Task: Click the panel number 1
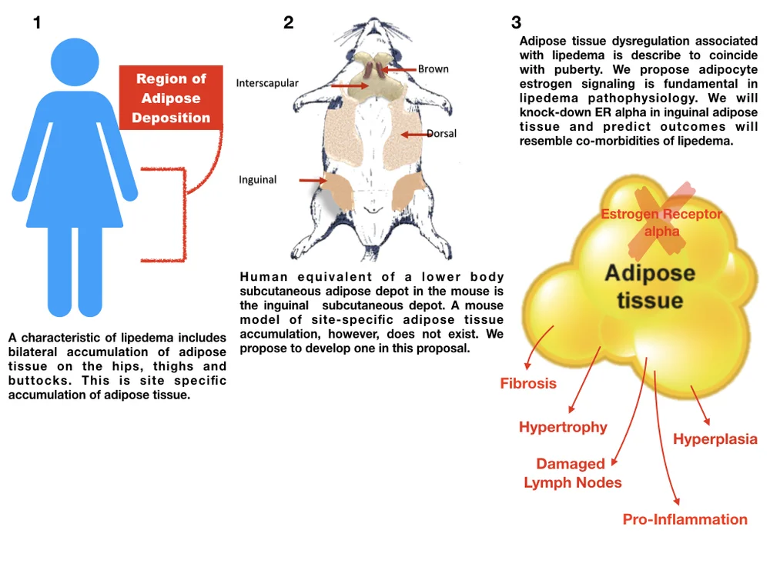pyautogui.click(x=37, y=23)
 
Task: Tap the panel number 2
pyautogui.click(x=289, y=23)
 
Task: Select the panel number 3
pyautogui.click(x=517, y=23)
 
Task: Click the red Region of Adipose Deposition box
pyautogui.click(x=171, y=98)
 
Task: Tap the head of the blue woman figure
pyautogui.click(x=75, y=62)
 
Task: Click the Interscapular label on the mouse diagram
pyautogui.click(x=267, y=83)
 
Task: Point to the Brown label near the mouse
pyautogui.click(x=434, y=69)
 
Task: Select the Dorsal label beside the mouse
pyautogui.click(x=441, y=134)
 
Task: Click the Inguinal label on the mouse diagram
pyautogui.click(x=257, y=180)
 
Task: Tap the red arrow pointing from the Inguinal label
pyautogui.click(x=312, y=181)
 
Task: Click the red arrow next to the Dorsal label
pyautogui.click(x=414, y=135)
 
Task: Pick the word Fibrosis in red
pyautogui.click(x=528, y=383)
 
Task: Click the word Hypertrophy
pyautogui.click(x=563, y=427)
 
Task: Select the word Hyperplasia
pyautogui.click(x=715, y=440)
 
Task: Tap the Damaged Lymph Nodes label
pyautogui.click(x=572, y=473)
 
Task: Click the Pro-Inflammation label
pyautogui.click(x=685, y=519)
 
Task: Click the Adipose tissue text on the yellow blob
pyautogui.click(x=649, y=285)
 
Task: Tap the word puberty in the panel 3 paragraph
pyautogui.click(x=570, y=70)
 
